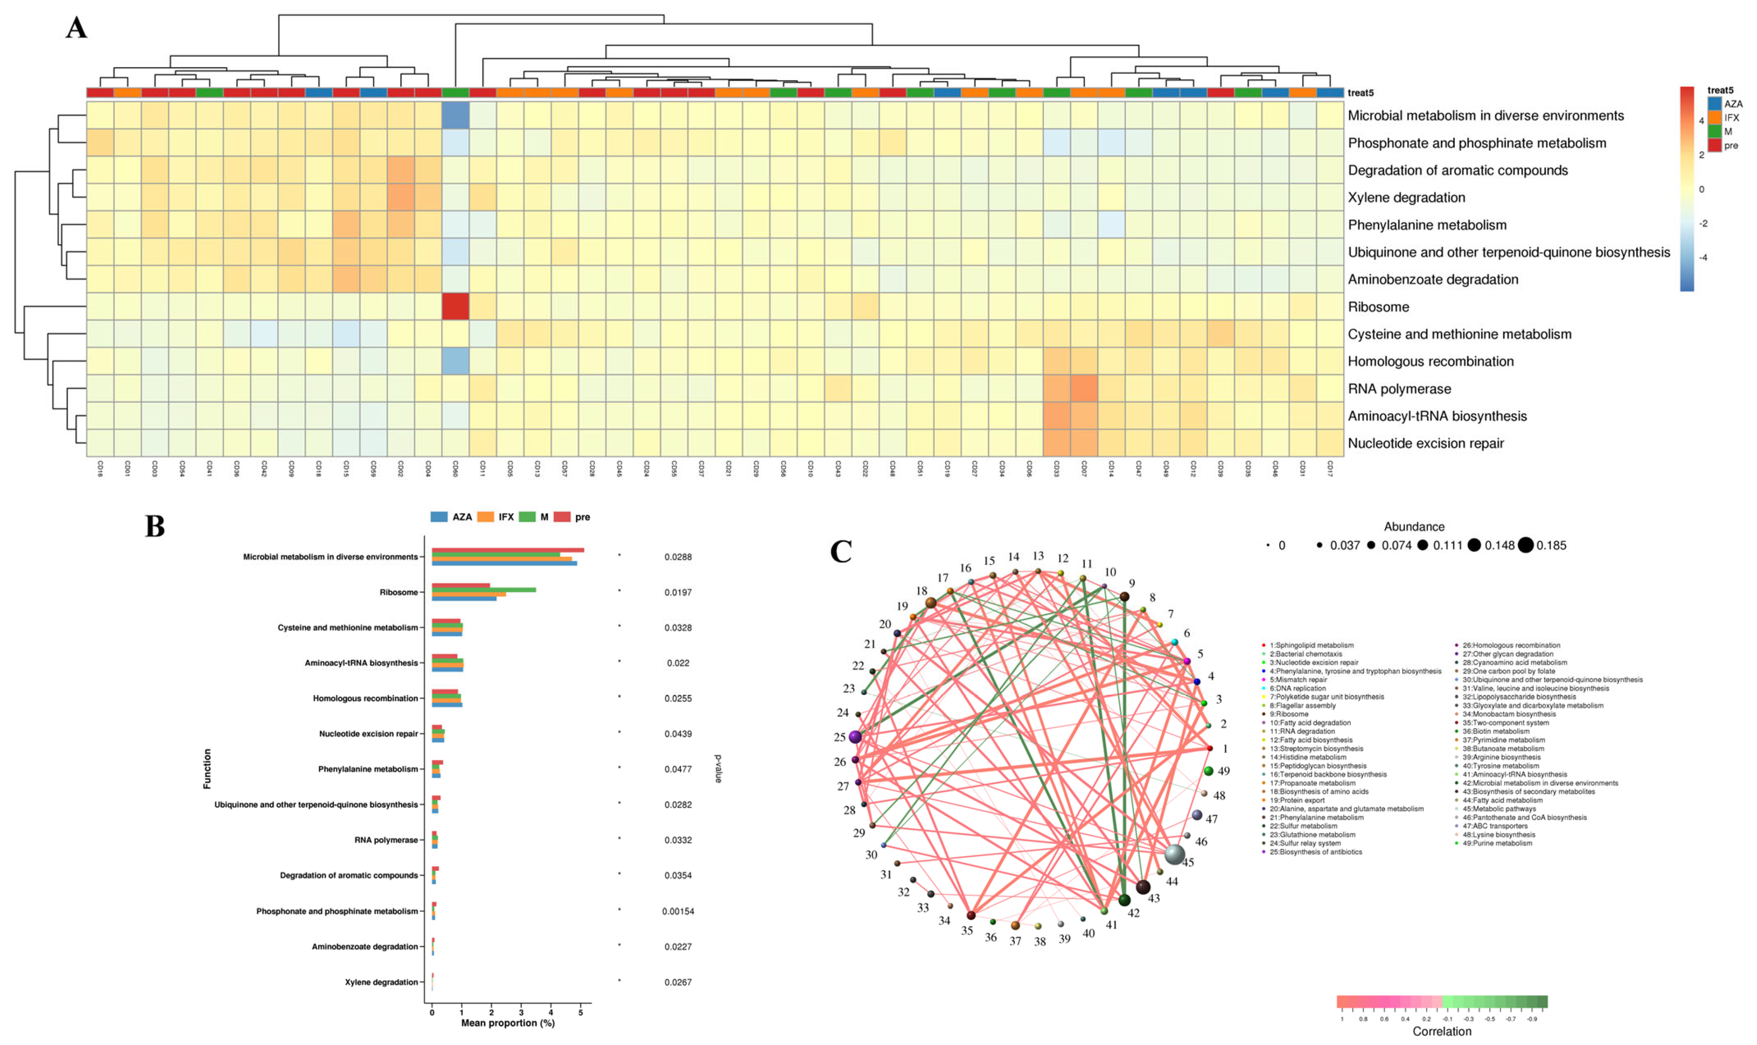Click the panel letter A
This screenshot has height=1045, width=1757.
[x=76, y=29]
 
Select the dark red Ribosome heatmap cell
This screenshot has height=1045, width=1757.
[x=455, y=306]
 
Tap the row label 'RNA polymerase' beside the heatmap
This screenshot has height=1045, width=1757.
[x=1399, y=389]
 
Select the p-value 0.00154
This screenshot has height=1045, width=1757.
[x=678, y=911]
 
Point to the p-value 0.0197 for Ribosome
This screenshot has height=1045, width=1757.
[x=678, y=592]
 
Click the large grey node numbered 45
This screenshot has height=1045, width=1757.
[x=1174, y=854]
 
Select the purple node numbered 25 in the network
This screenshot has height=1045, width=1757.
[x=855, y=737]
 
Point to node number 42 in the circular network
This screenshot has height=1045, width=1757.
[x=1124, y=900]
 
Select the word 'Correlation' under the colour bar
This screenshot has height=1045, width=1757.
[x=1441, y=1031]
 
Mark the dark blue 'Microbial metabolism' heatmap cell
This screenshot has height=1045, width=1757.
[x=455, y=116]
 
